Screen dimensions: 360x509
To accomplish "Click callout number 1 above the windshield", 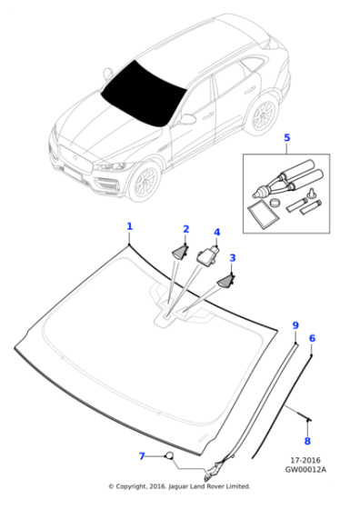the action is tap(129, 226).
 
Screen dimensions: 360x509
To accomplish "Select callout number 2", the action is tap(186, 229).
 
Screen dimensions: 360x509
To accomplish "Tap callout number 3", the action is tap(233, 258).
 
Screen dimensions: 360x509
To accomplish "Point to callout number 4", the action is tap(217, 233).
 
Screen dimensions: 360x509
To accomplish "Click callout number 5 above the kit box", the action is tap(287, 137).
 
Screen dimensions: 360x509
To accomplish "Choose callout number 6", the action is tap(312, 338).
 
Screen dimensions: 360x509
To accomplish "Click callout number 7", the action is tap(142, 456).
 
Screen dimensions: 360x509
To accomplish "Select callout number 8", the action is tap(307, 441).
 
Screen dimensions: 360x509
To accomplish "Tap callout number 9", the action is tap(295, 325).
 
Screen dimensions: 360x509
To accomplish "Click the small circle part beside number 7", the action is tap(169, 455).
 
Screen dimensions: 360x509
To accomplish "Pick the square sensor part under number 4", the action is tap(206, 256).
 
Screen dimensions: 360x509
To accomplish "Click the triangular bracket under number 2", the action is tap(179, 253).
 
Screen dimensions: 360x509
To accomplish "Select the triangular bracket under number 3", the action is tap(226, 281).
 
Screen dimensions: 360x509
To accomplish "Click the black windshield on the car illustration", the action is tap(143, 95).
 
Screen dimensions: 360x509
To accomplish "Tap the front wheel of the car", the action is tap(145, 181).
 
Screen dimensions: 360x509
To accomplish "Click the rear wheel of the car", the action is tap(262, 115).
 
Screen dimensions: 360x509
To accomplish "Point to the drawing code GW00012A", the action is tap(305, 469).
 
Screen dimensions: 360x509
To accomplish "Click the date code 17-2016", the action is tap(305, 460).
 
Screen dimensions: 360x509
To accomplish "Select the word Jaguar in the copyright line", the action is tap(179, 486).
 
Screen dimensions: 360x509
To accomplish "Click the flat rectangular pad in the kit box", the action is tap(263, 215).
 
